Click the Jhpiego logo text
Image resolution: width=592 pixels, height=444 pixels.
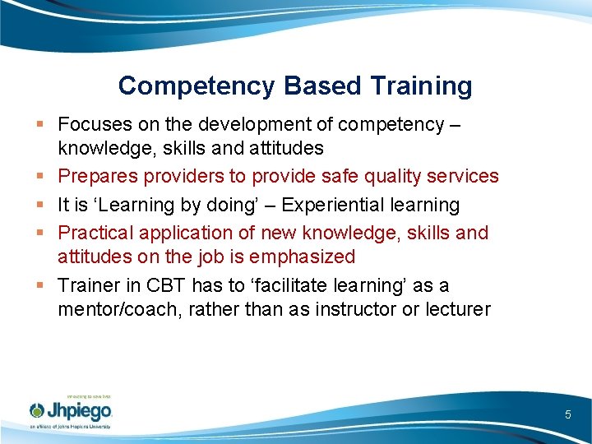(79, 410)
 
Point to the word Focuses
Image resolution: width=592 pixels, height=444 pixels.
(90, 124)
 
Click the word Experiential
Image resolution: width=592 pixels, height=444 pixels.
(329, 205)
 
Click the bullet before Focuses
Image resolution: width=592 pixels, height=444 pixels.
(40, 125)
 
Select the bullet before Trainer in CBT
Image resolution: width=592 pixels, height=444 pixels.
(40, 286)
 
